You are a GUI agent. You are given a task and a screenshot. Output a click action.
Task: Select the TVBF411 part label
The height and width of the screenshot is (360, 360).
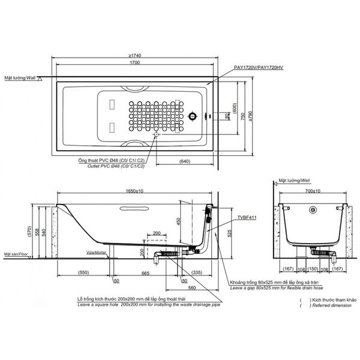tap(247, 218)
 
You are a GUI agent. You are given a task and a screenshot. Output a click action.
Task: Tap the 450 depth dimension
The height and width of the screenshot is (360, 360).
tap(179, 221)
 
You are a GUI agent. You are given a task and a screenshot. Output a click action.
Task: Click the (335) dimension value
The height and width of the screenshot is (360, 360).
tap(196, 273)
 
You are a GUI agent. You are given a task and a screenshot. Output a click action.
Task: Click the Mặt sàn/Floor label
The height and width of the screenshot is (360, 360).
tap(16, 254)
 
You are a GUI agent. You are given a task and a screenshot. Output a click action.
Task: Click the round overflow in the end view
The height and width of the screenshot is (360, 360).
tap(313, 210)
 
